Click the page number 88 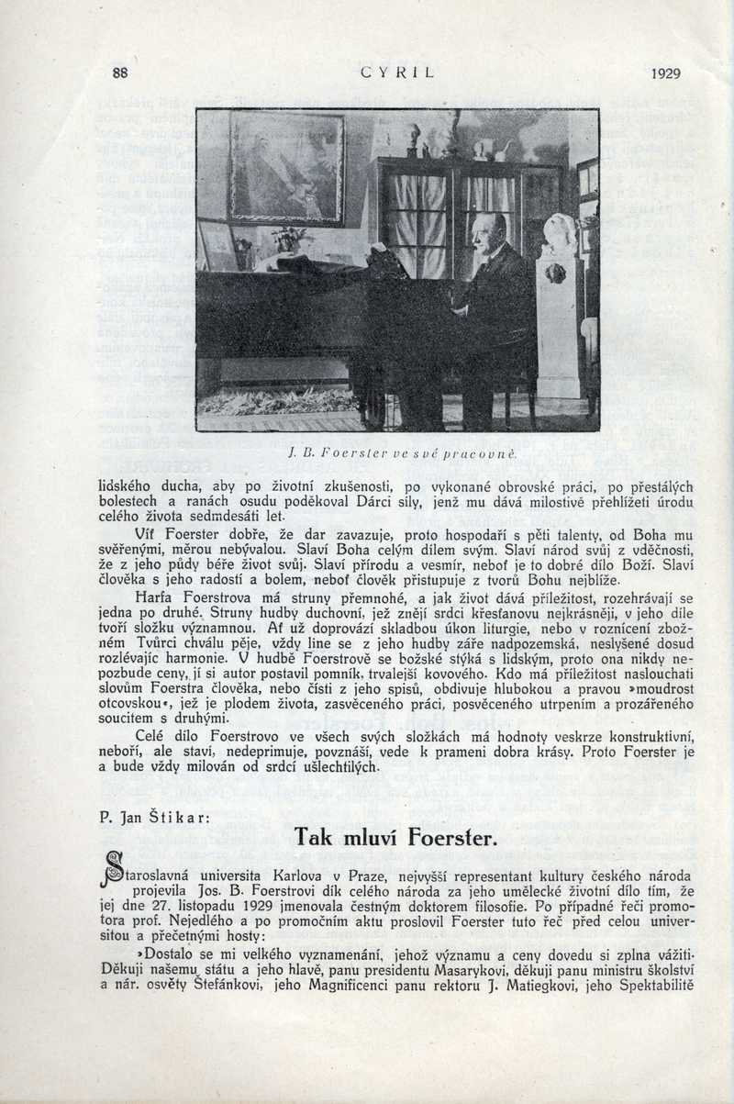click(x=119, y=72)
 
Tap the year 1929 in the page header click(x=666, y=73)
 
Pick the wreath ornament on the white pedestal click(x=555, y=273)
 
